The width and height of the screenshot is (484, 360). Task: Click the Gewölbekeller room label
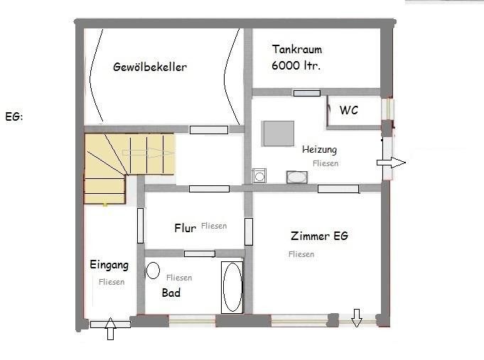[x=149, y=68]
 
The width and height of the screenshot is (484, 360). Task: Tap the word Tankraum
[x=297, y=50]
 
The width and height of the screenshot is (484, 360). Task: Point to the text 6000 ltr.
[x=296, y=66]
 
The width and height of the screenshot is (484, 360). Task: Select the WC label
[x=349, y=111]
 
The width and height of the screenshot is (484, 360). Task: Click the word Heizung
[x=319, y=150]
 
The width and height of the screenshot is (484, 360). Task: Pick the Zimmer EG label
[x=319, y=236]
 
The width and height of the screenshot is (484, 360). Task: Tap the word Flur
[x=185, y=228]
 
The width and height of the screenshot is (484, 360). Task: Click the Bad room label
[x=171, y=293]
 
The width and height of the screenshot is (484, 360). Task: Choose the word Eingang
[x=109, y=265]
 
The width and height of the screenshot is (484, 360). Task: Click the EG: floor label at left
[x=14, y=116]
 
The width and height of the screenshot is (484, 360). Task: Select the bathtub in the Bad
[x=232, y=287]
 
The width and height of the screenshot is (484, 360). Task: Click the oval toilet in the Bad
[x=153, y=270]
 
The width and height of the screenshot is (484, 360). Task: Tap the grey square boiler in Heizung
[x=278, y=133]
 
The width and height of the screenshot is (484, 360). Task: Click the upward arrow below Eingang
[x=110, y=329]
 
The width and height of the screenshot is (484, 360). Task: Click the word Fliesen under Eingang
[x=112, y=282]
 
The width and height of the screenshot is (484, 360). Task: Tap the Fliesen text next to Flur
[x=214, y=226]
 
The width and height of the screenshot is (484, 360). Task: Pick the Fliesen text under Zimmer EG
[x=301, y=254]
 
